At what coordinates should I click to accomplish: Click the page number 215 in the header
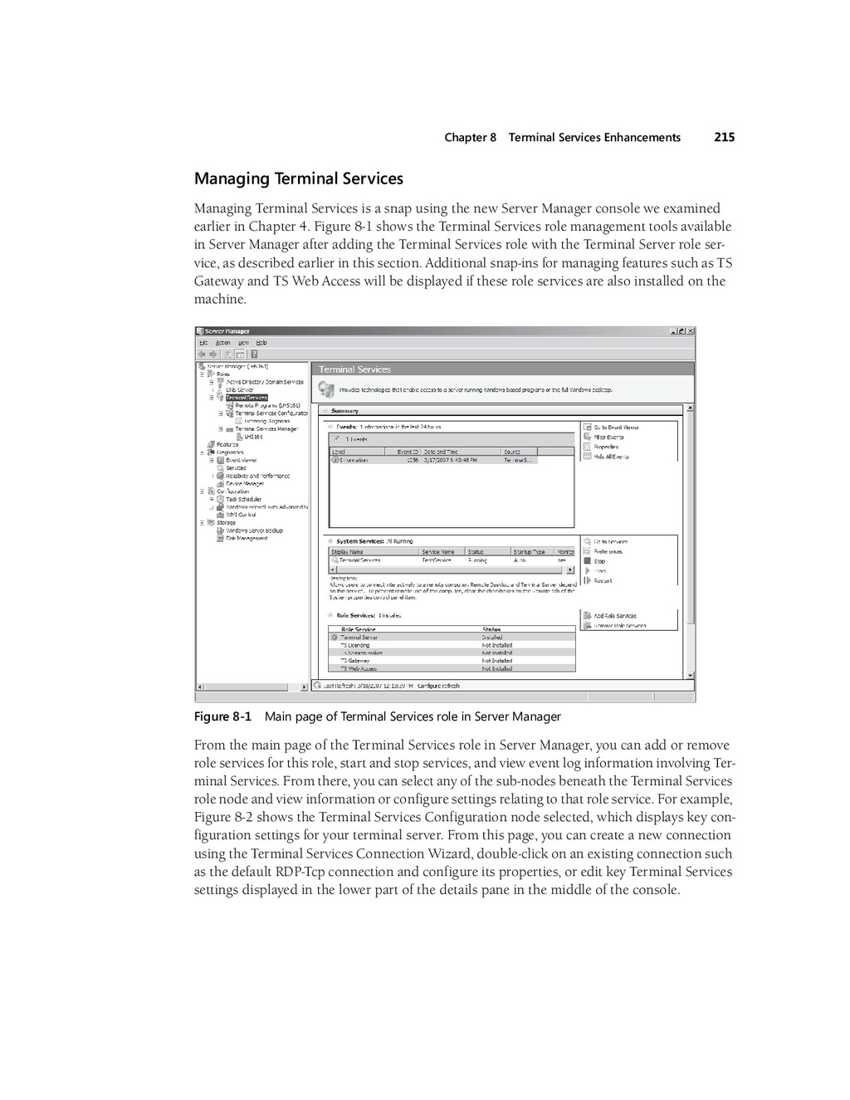724,138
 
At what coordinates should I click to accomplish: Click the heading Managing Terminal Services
298,178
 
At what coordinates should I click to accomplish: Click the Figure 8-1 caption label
222,716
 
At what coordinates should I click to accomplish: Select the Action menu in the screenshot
223,343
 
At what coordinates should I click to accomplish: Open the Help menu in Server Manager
261,343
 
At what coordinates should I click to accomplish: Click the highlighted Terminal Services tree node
247,398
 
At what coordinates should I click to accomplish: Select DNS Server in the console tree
240,389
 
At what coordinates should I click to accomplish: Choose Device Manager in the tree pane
245,483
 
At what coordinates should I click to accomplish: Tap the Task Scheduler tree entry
243,499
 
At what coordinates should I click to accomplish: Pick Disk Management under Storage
247,538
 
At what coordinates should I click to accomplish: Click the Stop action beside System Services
599,561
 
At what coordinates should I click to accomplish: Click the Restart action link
603,581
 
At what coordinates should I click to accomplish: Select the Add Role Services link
615,616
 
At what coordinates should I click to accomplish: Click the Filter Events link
608,437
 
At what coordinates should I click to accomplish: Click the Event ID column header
407,452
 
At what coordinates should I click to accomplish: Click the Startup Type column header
530,551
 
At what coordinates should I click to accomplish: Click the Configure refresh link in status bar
438,686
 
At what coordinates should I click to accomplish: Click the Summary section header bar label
345,411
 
